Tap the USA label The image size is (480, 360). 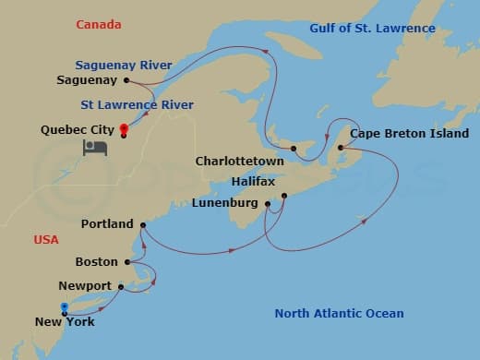click(46, 240)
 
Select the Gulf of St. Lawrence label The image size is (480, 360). click(370, 29)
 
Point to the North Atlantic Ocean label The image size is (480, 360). click(339, 314)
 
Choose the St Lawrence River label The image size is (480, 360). click(137, 105)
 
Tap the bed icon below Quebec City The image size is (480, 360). click(95, 149)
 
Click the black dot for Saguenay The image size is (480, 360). click(126, 80)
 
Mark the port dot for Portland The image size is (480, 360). click(142, 223)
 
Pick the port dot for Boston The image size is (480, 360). click(128, 262)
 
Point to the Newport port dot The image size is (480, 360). click(121, 287)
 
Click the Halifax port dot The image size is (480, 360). click(284, 196)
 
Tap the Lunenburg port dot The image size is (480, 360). click(267, 204)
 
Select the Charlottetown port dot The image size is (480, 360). click(293, 148)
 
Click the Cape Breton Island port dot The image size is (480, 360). click(341, 148)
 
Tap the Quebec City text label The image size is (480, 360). click(77, 130)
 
